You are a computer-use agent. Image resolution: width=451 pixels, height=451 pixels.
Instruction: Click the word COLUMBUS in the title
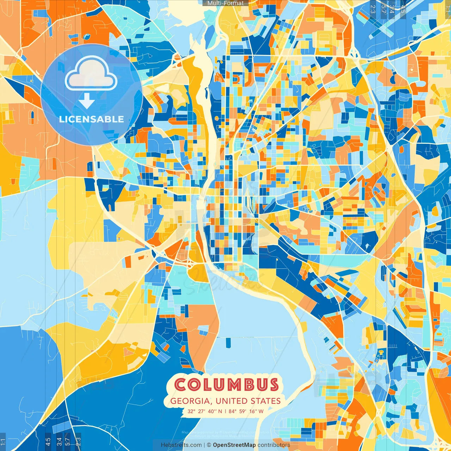(227, 385)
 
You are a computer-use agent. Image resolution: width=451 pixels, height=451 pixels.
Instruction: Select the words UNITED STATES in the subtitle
(248, 401)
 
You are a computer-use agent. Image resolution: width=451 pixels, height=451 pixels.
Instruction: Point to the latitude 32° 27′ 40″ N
(205, 411)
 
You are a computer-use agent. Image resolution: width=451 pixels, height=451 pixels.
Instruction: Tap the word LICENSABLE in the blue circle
(92, 119)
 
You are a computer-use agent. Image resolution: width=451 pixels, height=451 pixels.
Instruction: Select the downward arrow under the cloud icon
(87, 101)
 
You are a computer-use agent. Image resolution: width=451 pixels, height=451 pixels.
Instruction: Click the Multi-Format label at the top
(225, 3)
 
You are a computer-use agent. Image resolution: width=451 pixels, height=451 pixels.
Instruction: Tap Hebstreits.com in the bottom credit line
(181, 445)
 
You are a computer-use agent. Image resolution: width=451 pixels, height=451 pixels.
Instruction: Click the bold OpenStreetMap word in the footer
(234, 445)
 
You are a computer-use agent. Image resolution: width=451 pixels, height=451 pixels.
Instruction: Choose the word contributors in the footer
(273, 445)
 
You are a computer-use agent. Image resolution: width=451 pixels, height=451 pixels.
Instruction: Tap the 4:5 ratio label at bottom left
(48, 441)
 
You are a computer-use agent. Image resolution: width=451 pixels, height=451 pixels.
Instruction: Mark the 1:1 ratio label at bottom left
(3, 441)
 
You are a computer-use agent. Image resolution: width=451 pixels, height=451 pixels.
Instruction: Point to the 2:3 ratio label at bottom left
(78, 441)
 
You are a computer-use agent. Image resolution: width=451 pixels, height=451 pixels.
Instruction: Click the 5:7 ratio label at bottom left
(68, 441)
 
